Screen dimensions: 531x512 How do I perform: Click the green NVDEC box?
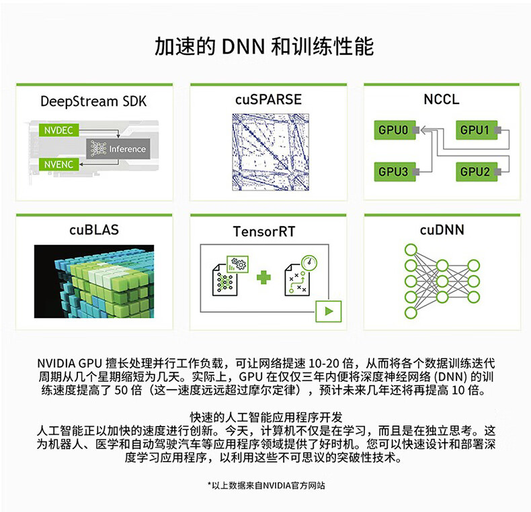tap(59, 130)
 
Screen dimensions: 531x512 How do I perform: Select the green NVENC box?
tap(59, 164)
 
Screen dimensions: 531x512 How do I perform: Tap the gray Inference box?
tap(118, 149)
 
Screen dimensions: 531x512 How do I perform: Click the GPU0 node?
tap(395, 130)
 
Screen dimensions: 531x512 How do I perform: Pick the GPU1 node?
tap(477, 130)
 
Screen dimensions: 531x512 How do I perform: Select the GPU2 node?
tap(477, 172)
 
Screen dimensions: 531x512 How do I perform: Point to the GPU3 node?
tap(395, 172)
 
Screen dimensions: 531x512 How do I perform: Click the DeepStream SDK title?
tap(93, 101)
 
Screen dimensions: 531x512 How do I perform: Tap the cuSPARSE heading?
tap(268, 99)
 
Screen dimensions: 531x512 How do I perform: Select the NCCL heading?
tap(442, 99)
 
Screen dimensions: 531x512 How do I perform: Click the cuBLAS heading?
tap(94, 230)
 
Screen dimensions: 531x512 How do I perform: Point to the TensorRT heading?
tap(264, 232)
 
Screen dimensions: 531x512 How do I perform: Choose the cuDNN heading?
tap(442, 230)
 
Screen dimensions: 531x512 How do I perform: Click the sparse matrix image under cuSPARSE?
tap(270, 152)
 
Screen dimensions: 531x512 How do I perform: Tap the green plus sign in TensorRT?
tap(263, 277)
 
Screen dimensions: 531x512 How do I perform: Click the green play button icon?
tap(329, 311)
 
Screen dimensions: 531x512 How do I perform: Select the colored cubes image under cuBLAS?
tap(94, 281)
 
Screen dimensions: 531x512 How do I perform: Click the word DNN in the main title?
tap(243, 47)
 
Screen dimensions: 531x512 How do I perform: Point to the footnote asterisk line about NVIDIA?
tap(266, 486)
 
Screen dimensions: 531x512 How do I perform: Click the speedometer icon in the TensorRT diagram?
tap(309, 262)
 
